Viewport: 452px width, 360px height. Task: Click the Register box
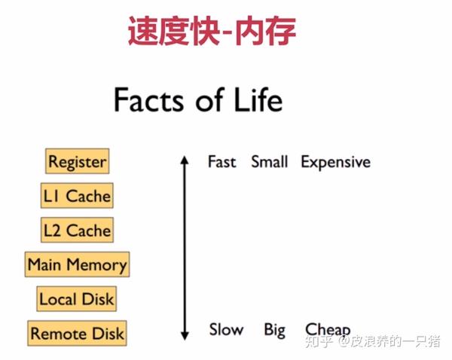(78, 161)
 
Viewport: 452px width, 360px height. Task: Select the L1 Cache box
(77, 195)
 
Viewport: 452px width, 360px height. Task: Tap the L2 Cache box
(78, 230)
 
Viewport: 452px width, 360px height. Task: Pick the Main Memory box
(78, 264)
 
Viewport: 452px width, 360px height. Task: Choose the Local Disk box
(77, 298)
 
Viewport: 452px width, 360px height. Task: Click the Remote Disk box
(77, 333)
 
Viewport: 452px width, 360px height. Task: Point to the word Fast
(222, 162)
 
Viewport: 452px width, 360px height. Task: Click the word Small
(270, 162)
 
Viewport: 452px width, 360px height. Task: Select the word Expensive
(336, 163)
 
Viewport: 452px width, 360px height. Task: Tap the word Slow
(226, 329)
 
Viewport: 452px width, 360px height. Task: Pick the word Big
(275, 331)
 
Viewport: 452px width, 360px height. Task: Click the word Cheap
(328, 331)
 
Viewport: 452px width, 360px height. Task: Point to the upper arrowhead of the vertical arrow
(185, 160)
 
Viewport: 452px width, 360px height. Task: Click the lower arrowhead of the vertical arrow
(185, 336)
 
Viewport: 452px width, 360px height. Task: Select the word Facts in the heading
(148, 99)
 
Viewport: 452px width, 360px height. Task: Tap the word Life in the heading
(258, 99)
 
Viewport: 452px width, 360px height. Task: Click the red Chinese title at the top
(212, 31)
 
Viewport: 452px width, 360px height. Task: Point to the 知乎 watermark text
(319, 342)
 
